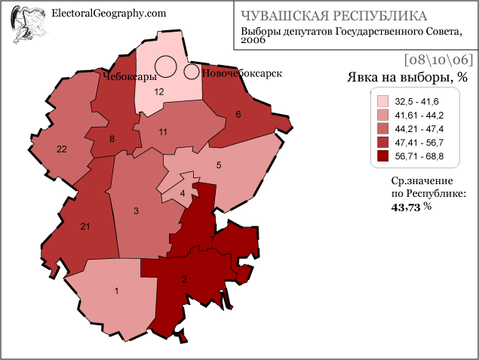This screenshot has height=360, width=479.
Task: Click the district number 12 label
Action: tap(159, 91)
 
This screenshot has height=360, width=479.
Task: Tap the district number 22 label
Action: tap(62, 149)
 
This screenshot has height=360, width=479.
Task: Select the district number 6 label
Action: tap(238, 115)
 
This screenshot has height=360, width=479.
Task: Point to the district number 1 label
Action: tap(116, 291)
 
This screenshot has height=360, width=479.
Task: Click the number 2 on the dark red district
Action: tap(184, 278)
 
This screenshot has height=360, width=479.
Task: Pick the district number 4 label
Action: tap(182, 193)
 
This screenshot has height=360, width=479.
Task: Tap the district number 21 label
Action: tap(85, 226)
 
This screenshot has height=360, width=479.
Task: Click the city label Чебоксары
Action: tap(129, 77)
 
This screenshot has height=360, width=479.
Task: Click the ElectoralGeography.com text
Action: tap(108, 13)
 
